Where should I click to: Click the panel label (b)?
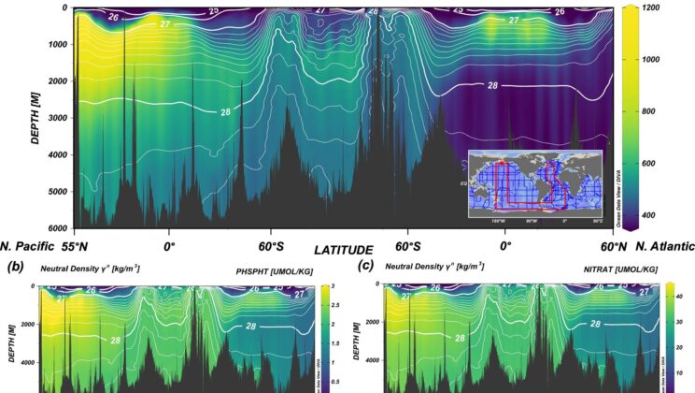[15, 269]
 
